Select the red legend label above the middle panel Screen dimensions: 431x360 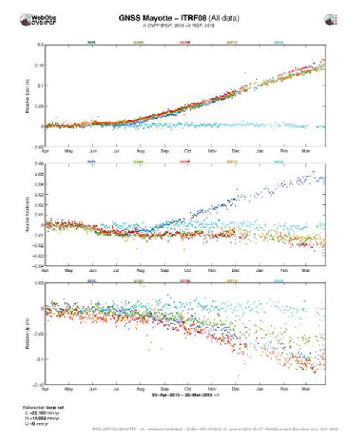[x=185, y=161]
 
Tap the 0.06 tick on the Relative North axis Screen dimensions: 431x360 [x=40, y=164]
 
